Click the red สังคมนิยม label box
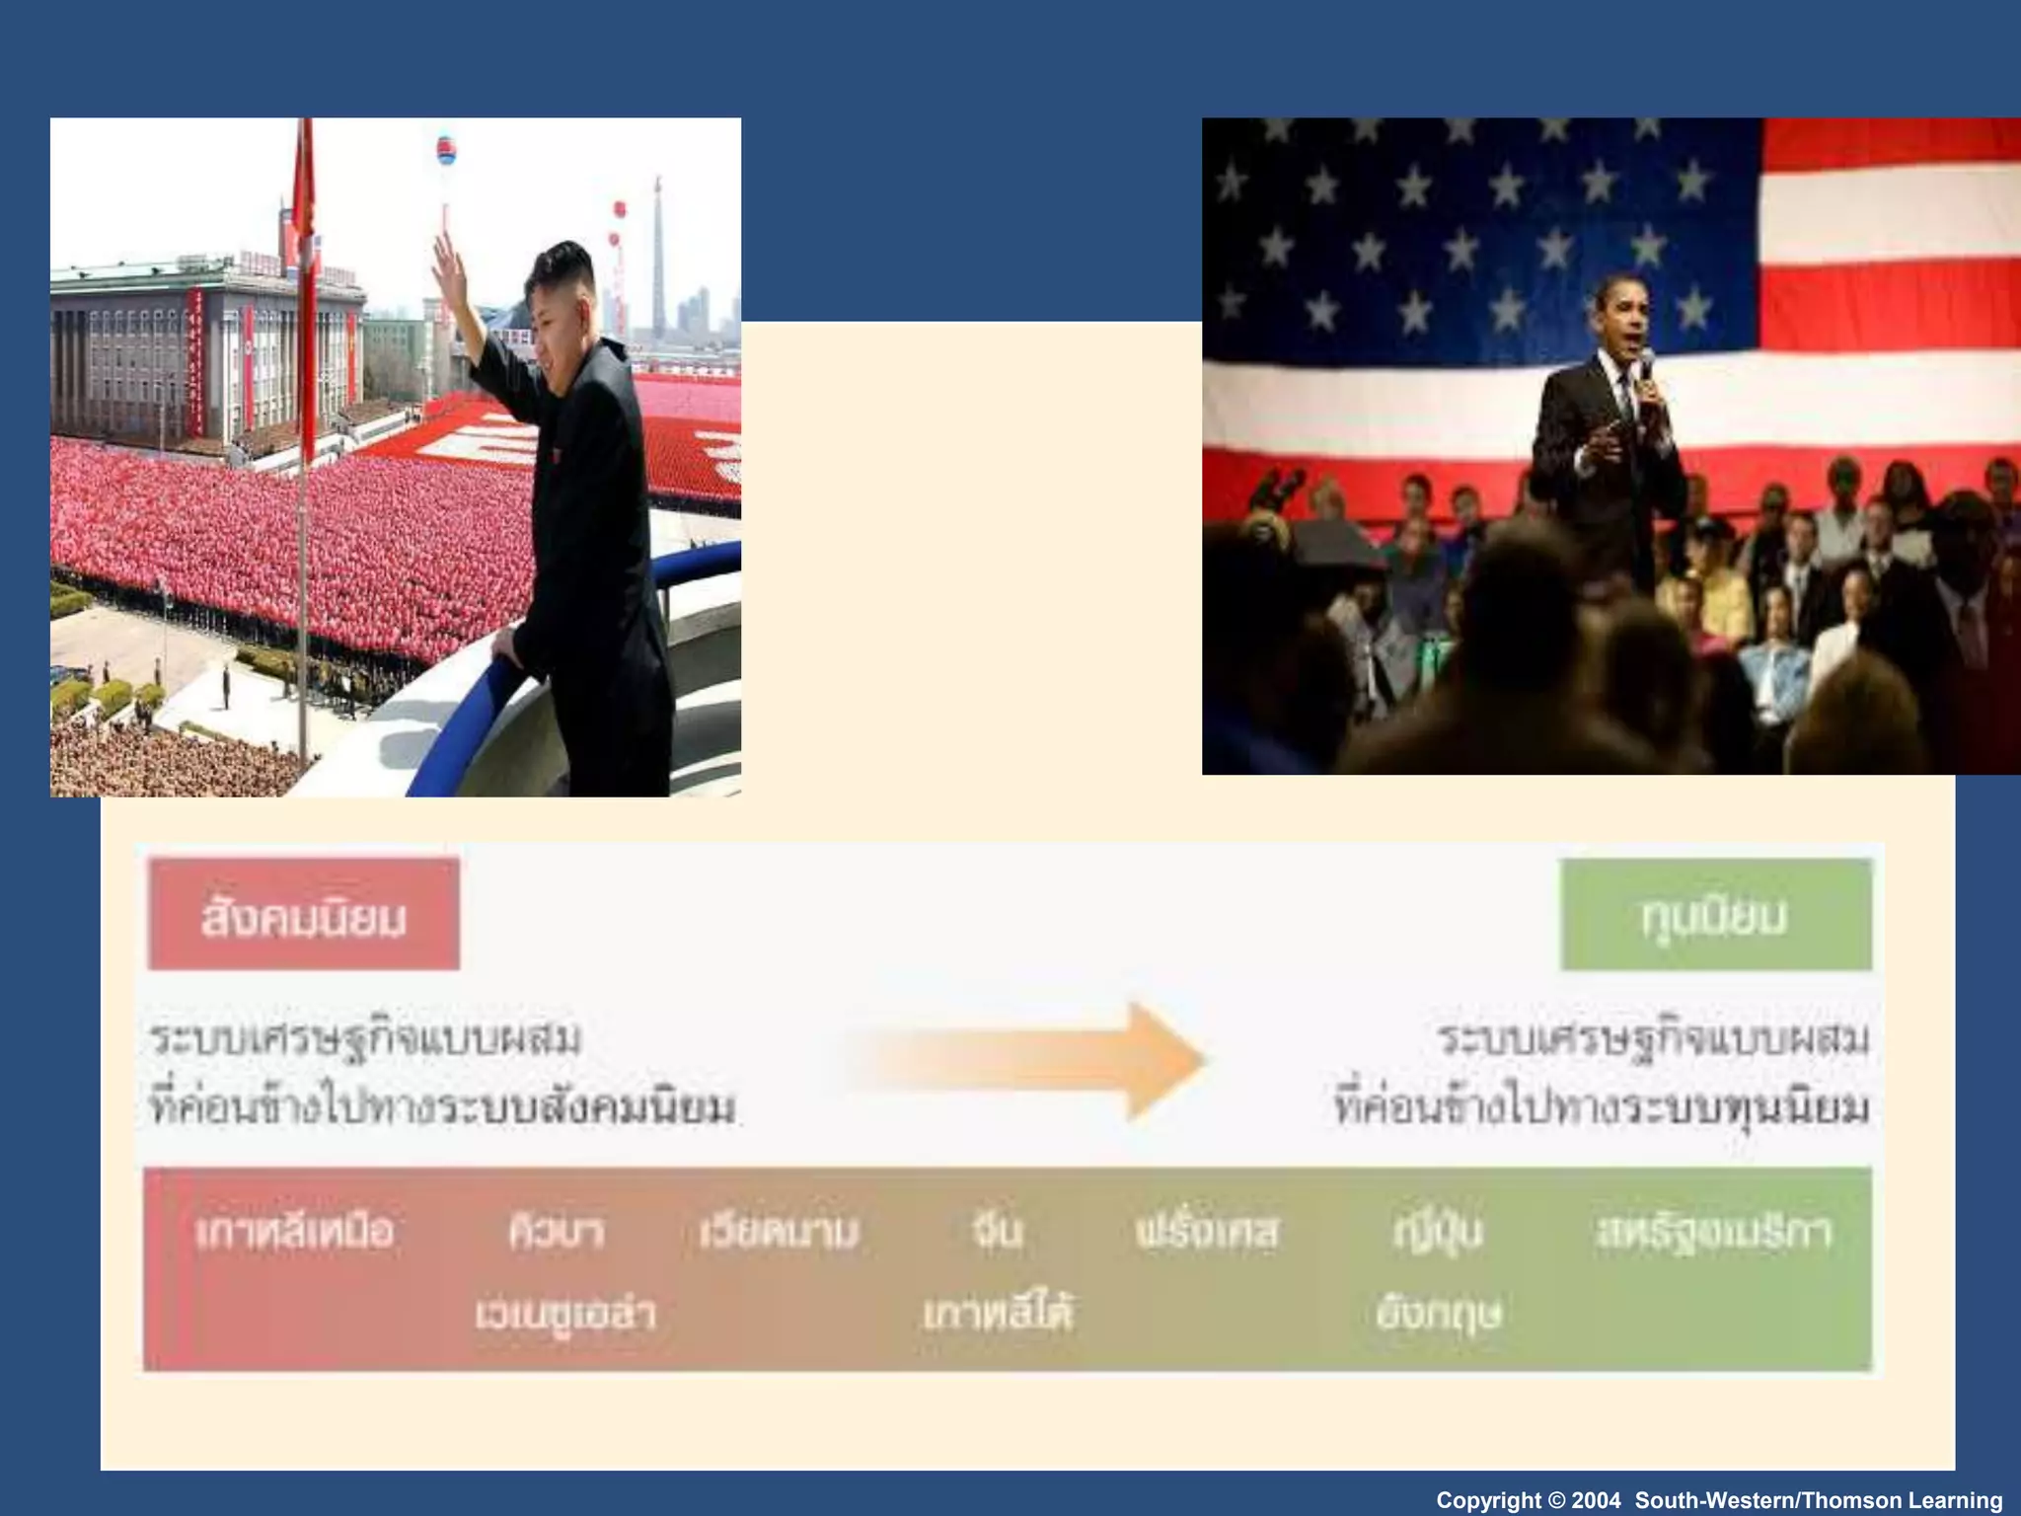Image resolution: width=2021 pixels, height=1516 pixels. pos(304,915)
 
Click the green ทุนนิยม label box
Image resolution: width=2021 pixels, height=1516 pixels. pos(1715,915)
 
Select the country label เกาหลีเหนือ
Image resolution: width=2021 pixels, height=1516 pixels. pos(294,1232)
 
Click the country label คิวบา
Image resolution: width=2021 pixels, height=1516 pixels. pos(556,1232)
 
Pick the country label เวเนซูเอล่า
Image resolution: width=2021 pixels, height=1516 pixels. pos(564,1314)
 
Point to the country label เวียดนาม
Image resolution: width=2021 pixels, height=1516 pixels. pos(779,1232)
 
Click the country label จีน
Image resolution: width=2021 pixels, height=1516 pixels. pos(997,1230)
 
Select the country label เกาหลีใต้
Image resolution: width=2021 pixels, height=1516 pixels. pos(997,1314)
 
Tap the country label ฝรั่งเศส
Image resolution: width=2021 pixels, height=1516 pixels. pos(1206,1231)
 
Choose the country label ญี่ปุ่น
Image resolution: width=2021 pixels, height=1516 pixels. pos(1437,1232)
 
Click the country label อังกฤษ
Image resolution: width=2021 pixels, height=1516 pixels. pos(1437,1314)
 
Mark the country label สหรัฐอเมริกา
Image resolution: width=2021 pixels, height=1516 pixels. pos(1713,1232)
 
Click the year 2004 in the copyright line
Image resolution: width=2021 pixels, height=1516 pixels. pos(1596,1500)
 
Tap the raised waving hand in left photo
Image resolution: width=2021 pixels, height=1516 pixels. pos(449,261)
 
